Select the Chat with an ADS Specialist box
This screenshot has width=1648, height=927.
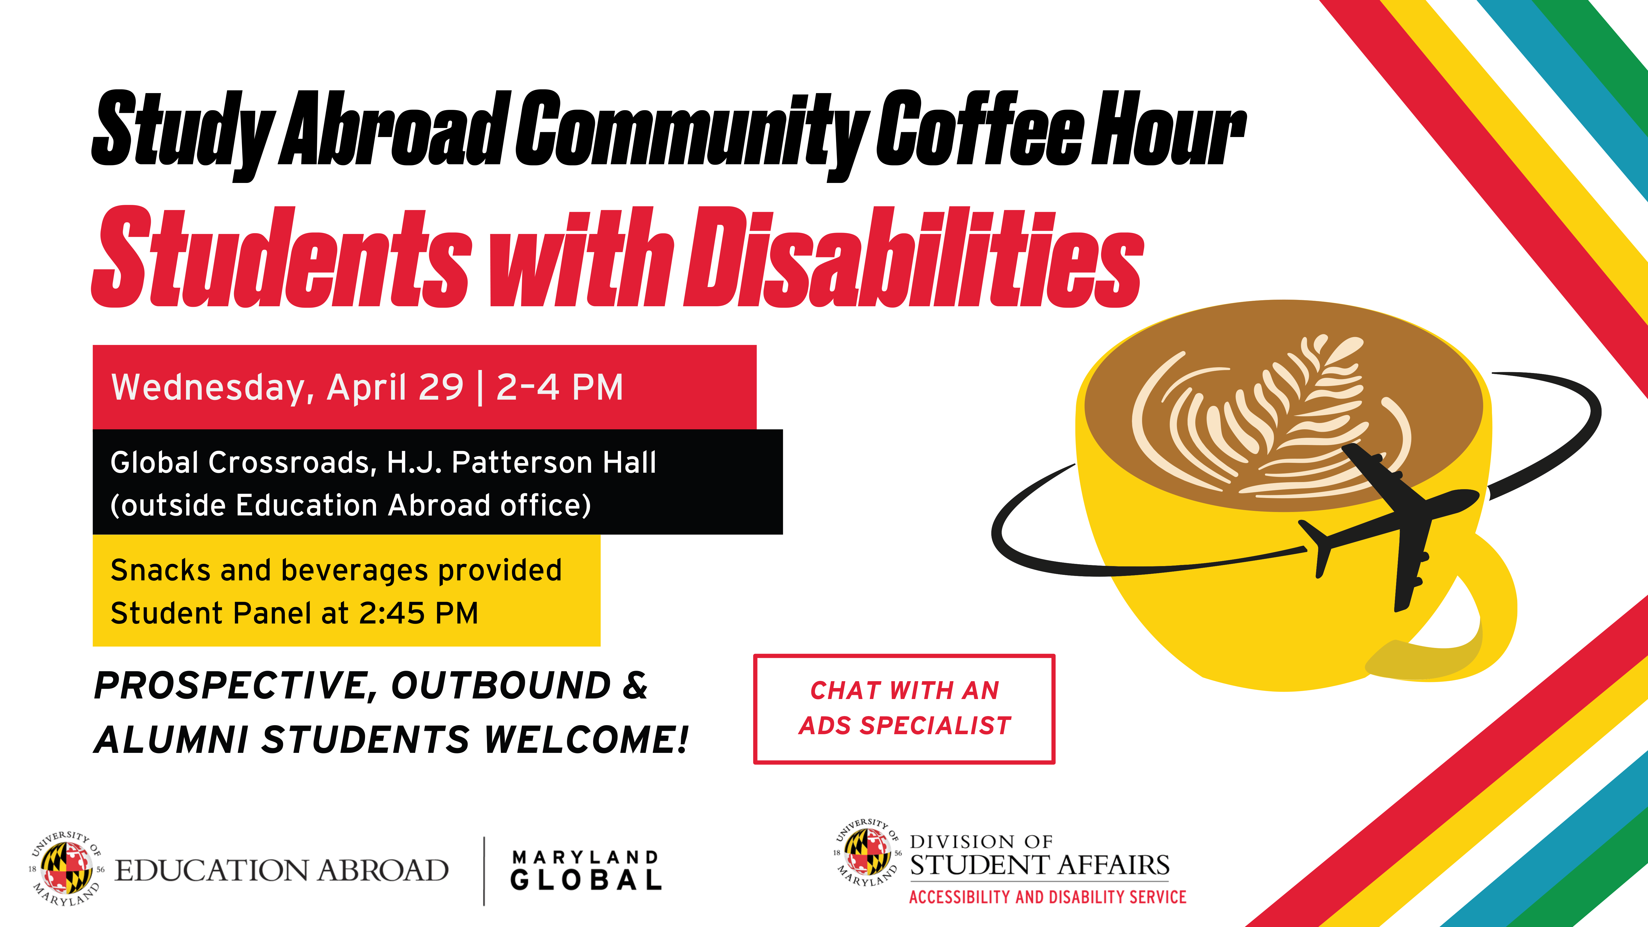pos(904,708)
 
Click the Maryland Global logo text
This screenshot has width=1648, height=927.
pos(585,870)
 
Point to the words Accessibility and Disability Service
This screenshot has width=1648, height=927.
pos(1047,897)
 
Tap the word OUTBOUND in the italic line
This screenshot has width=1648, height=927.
pos(501,686)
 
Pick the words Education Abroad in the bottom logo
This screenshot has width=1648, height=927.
pos(282,870)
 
